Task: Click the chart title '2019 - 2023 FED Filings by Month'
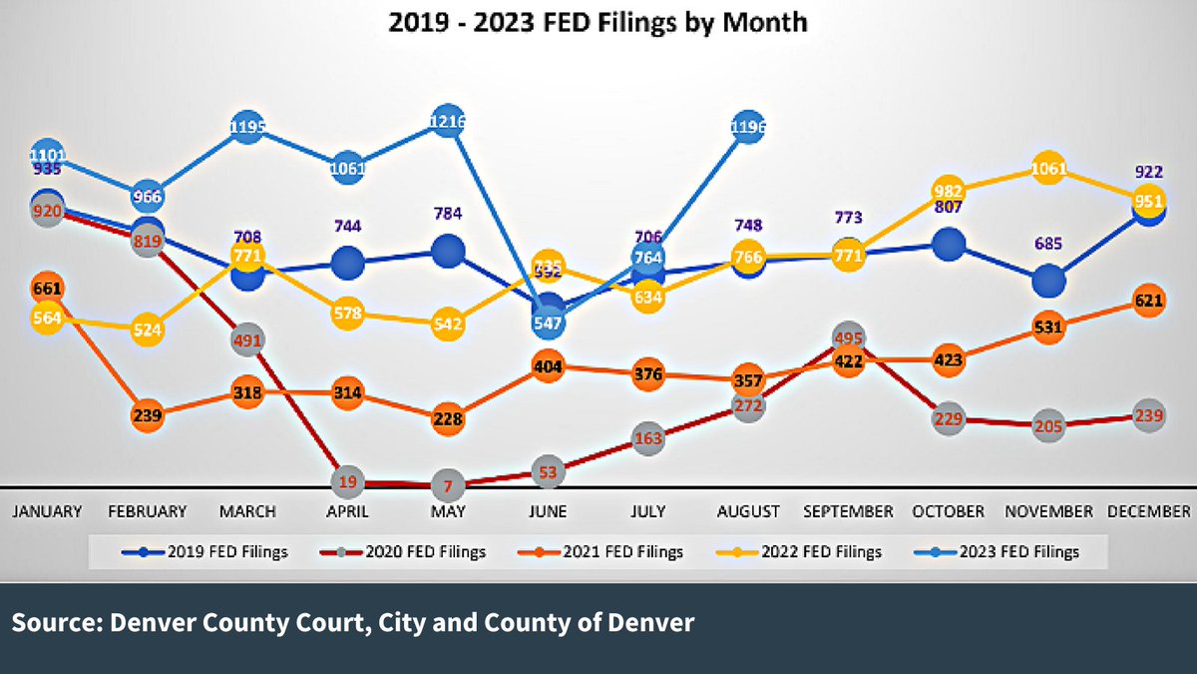(598, 21)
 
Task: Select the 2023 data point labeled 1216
(448, 122)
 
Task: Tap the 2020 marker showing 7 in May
(448, 486)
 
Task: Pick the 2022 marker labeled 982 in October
(948, 192)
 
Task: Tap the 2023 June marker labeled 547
(548, 323)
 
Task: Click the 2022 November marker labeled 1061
(1048, 168)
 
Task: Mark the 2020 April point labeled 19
(347, 482)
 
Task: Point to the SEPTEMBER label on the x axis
(848, 511)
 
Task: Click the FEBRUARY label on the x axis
(148, 511)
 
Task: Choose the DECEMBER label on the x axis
(1148, 511)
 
